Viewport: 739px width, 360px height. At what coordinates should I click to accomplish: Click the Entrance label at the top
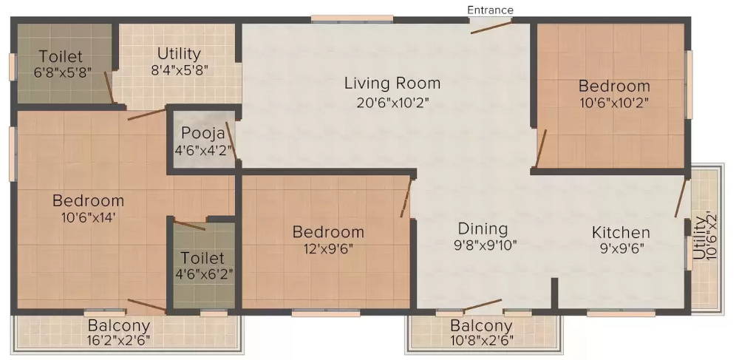(490, 10)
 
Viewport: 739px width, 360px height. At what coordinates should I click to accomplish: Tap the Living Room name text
(392, 84)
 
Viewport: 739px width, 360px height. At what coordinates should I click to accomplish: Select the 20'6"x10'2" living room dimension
(392, 103)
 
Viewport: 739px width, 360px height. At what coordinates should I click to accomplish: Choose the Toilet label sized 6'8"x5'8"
(61, 56)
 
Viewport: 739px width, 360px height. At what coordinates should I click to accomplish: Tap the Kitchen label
(621, 233)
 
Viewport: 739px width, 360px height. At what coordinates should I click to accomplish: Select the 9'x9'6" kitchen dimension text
(621, 249)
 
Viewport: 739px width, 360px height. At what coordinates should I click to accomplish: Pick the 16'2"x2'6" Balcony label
(119, 325)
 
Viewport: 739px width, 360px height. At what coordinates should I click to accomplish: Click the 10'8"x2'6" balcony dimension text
(481, 342)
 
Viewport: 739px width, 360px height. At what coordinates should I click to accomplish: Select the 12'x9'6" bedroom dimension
(327, 249)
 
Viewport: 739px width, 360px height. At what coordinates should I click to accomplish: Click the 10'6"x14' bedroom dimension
(88, 218)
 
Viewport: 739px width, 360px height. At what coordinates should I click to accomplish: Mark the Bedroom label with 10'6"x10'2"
(614, 86)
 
